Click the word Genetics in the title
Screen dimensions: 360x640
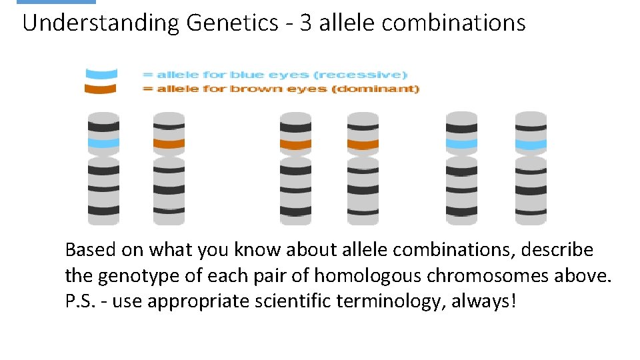click(232, 23)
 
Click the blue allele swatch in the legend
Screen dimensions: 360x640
click(101, 74)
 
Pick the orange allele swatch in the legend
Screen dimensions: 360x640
click(101, 89)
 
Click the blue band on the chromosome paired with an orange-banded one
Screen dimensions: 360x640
click(103, 143)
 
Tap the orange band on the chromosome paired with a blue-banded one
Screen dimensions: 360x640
click(169, 143)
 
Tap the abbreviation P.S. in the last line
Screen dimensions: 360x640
click(81, 301)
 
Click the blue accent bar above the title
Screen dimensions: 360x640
click(56, 2)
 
